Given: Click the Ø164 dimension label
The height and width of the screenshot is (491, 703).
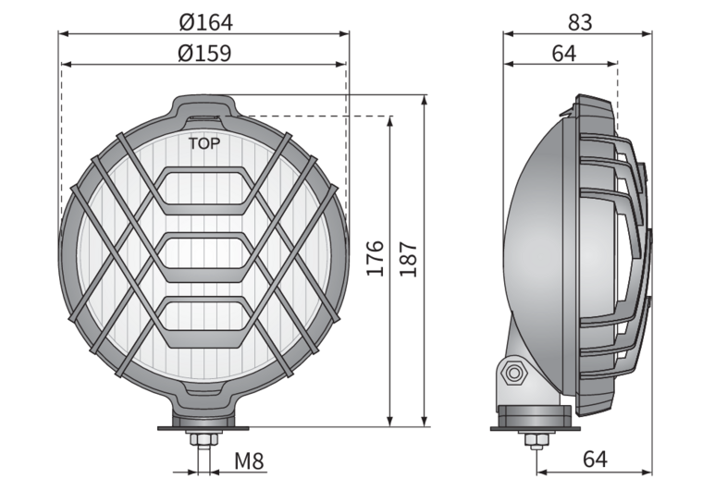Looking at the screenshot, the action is pos(205,22).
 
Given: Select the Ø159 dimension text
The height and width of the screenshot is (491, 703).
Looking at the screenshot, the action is pos(204,53).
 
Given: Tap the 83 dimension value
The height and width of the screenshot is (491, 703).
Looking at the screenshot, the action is pos(580,22).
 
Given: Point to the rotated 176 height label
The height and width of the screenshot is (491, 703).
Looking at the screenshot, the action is pos(376,258).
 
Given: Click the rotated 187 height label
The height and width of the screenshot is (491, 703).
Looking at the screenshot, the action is pos(408,260).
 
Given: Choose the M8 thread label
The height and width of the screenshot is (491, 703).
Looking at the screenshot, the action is pos(249,461).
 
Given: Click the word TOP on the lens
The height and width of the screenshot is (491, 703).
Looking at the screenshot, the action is pos(204,144).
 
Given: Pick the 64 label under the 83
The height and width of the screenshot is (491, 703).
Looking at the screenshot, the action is pos(563,54).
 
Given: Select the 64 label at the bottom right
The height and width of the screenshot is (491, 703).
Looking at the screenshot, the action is pos(595,459).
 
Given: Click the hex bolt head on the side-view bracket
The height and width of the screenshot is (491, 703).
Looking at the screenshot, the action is pos(512,373).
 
